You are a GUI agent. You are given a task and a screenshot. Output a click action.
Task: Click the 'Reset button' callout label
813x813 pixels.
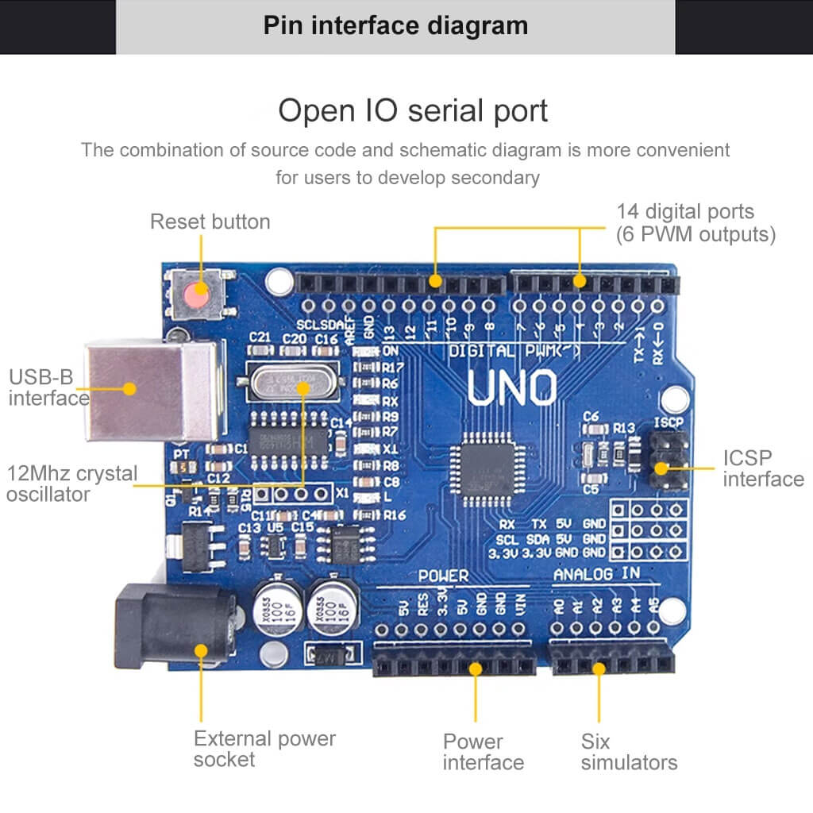pos(210,222)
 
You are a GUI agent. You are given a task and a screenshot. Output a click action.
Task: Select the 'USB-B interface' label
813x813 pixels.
pos(48,387)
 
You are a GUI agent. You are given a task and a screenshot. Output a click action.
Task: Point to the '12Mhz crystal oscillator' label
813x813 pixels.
pos(71,484)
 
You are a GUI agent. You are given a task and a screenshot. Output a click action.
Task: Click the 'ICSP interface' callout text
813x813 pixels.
pos(763,468)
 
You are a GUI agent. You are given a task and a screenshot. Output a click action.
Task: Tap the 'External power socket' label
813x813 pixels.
pos(264,749)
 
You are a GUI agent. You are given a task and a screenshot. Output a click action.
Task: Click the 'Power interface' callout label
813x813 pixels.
pos(483,752)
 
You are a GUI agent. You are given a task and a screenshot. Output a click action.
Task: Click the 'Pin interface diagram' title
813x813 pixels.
pos(395,25)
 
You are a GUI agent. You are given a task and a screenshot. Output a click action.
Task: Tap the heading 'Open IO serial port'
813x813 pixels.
pos(413,110)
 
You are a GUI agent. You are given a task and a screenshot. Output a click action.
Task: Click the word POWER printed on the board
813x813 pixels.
pos(443,576)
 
